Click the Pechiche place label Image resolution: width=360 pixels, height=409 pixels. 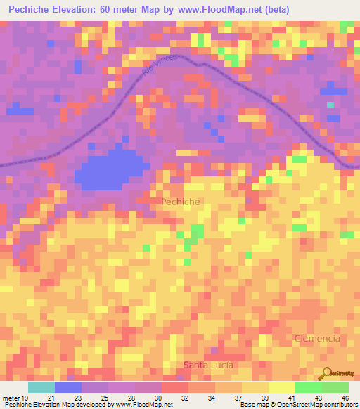(x=181, y=202)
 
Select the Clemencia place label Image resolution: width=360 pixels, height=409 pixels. (x=316, y=338)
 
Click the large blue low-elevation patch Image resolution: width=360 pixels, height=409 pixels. (x=109, y=171)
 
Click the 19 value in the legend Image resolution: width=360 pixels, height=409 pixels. (x=25, y=397)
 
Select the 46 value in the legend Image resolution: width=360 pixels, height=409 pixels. (x=344, y=397)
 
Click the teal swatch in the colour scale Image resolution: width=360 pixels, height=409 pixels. (x=41, y=387)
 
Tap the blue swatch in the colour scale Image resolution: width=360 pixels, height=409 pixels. (x=67, y=387)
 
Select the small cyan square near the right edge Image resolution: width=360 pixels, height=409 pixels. (x=330, y=105)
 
